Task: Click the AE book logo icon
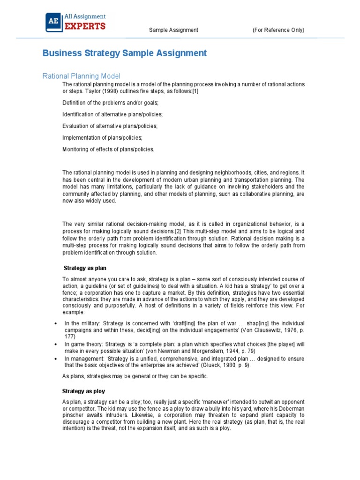(x=52, y=22)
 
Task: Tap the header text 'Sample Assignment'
(x=173, y=30)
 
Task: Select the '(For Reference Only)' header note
(x=278, y=30)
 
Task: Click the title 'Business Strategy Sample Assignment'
(x=124, y=53)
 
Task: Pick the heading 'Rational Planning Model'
(x=82, y=76)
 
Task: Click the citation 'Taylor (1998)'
(x=100, y=91)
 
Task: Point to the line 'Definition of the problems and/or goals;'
(x=111, y=103)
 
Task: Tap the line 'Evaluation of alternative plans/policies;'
(x=110, y=126)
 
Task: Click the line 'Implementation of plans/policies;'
(x=102, y=138)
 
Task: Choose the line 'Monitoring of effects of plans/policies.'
(x=108, y=150)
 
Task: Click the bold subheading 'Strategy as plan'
(x=85, y=268)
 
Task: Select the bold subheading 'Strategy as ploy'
(x=84, y=391)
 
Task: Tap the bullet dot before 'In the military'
(x=56, y=324)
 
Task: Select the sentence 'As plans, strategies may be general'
(x=135, y=376)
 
